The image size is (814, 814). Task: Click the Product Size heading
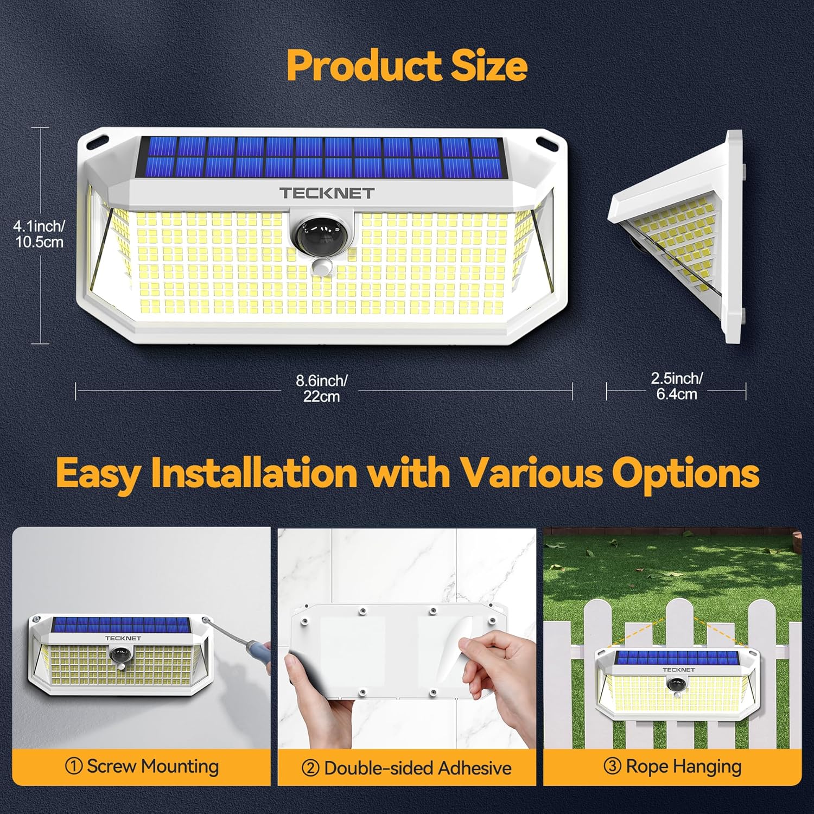pyautogui.click(x=407, y=65)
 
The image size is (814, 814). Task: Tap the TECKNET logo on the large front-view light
pyautogui.click(x=327, y=193)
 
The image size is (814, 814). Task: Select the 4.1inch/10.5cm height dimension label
pyautogui.click(x=40, y=234)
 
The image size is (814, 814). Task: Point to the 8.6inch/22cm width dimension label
pyautogui.click(x=321, y=388)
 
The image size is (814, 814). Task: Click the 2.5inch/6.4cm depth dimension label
pyautogui.click(x=677, y=386)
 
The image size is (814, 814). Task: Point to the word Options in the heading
pyautogui.click(x=685, y=473)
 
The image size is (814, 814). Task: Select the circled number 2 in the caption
pyautogui.click(x=310, y=768)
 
